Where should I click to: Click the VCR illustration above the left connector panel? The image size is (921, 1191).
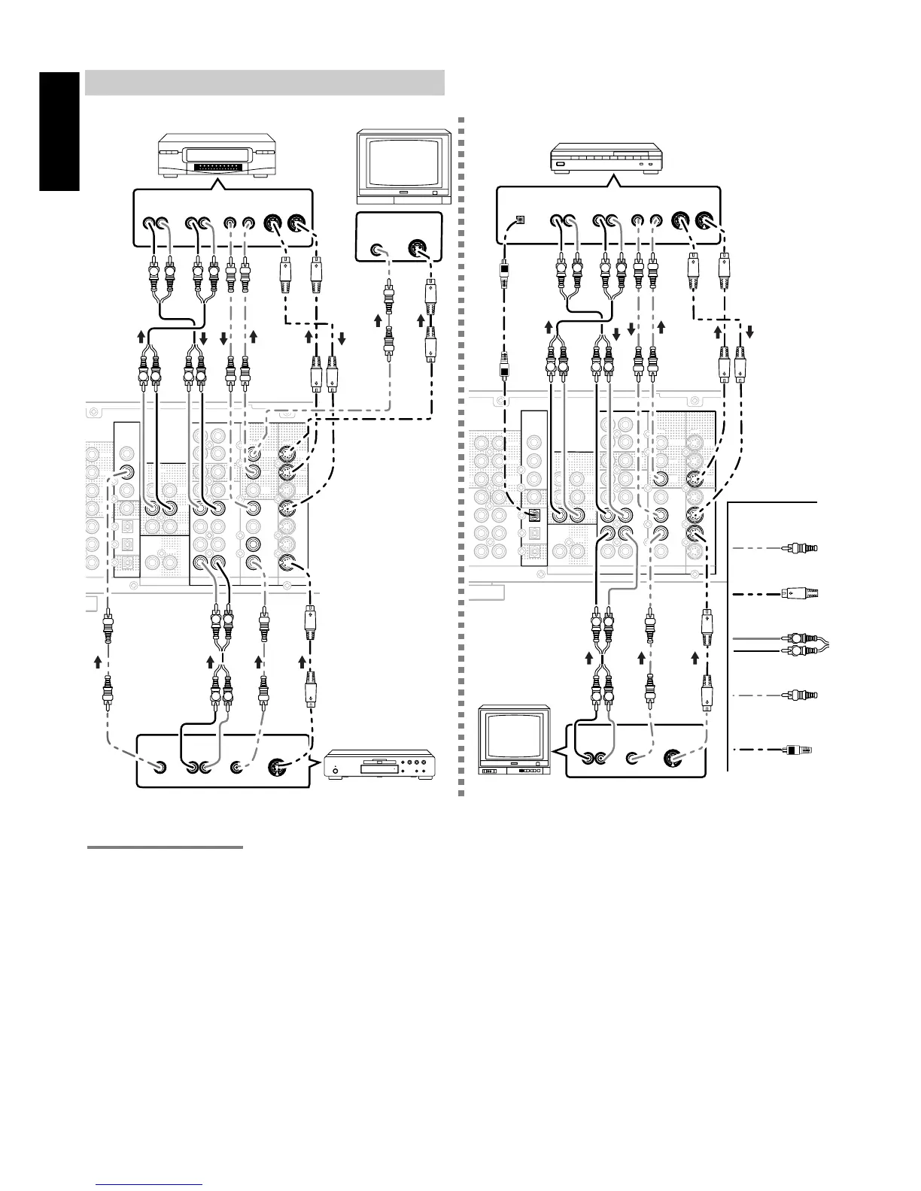point(217,156)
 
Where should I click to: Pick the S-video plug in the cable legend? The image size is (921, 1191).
point(800,593)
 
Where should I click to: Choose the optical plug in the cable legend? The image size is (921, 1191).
point(800,750)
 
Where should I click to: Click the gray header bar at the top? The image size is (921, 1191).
point(264,83)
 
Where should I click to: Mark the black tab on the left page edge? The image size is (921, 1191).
point(60,132)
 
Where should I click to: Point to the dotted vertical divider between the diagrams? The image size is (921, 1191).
point(460,451)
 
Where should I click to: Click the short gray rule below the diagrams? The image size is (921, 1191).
point(165,847)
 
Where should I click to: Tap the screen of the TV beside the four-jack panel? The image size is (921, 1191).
point(515,738)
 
